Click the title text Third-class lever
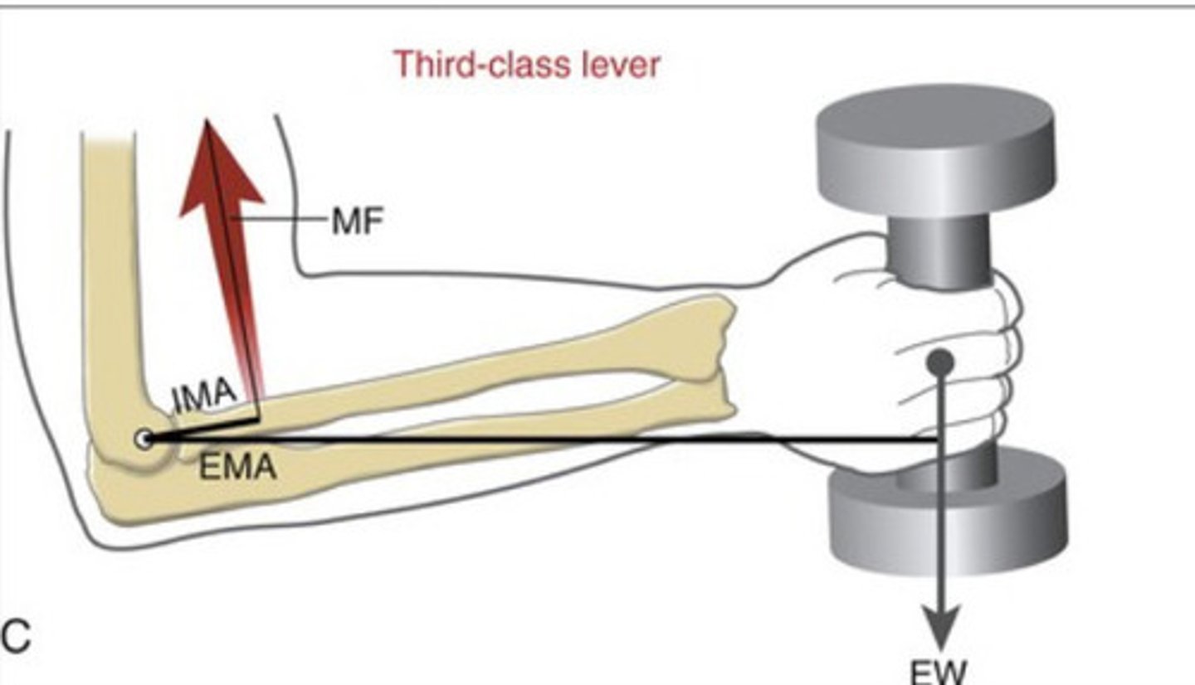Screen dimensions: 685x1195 pyautogui.click(x=527, y=64)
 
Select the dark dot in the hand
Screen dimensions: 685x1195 pyautogui.click(x=939, y=362)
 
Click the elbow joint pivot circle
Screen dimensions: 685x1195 pyautogui.click(x=145, y=440)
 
